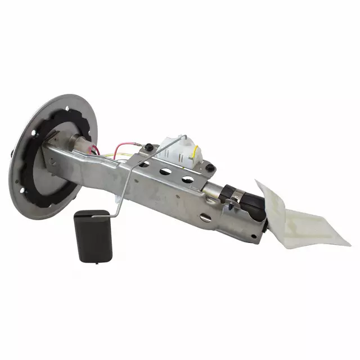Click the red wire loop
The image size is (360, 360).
(121, 151)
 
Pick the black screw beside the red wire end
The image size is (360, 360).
(147, 147)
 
